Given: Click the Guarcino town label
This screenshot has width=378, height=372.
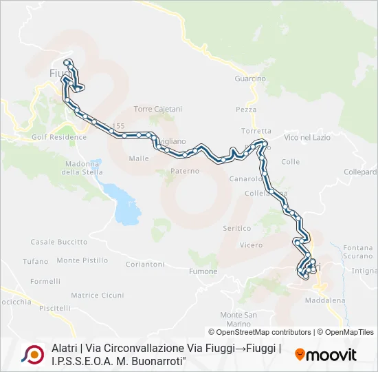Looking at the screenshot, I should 250,79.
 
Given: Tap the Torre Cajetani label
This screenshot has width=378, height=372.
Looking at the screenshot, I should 158,109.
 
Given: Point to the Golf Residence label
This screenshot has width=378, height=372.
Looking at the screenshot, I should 59,137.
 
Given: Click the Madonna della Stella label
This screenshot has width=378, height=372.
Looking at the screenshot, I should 81,167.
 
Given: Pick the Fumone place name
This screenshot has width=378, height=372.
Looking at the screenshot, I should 203,271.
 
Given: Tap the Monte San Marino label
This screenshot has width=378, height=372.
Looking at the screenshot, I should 238,319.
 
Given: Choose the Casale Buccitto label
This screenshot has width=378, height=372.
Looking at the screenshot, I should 59,242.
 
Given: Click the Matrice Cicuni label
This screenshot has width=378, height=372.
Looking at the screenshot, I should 98,296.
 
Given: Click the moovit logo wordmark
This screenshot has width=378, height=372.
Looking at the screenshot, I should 326,355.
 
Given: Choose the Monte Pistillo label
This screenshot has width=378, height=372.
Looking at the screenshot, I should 82,260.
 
